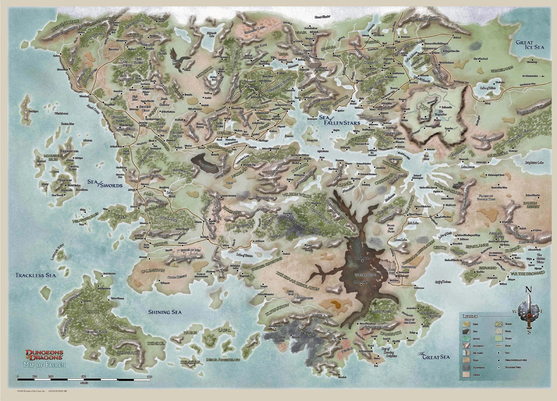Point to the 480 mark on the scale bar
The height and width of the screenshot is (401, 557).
(84, 377)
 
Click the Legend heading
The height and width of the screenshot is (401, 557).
(470, 316)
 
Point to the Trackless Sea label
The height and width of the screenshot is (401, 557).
(36, 275)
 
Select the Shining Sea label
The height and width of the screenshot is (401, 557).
(165, 312)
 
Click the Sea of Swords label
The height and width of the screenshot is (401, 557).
(105, 185)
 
